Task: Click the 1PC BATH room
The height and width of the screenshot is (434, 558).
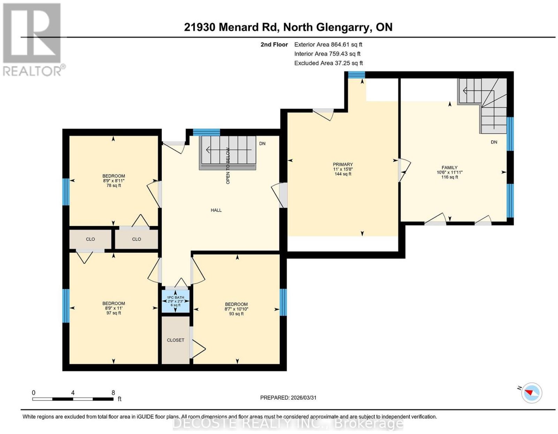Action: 175,301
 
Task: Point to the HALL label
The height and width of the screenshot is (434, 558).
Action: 216,210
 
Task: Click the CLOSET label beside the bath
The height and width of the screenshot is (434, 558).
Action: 175,340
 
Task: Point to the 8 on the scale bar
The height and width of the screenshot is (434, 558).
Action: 113,393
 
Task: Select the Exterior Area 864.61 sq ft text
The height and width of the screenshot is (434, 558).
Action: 328,44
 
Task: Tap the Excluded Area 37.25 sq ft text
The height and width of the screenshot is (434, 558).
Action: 329,63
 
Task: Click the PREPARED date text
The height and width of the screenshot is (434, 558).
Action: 288,398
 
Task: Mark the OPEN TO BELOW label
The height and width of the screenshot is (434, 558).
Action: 228,166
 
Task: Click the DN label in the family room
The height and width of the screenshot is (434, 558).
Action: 494,142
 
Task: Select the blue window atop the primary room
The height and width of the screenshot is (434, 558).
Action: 356,74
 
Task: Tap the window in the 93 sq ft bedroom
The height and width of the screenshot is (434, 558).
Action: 283,302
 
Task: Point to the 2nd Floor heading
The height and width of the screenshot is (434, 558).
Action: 274,44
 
